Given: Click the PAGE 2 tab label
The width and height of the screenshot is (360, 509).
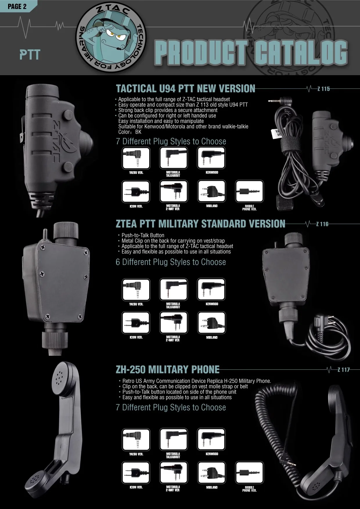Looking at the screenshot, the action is (17, 6).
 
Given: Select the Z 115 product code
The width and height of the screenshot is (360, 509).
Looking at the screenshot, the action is (323, 89).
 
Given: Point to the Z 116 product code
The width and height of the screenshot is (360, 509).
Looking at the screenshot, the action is (322, 224).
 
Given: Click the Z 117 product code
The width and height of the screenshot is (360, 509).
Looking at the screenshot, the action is (343, 370).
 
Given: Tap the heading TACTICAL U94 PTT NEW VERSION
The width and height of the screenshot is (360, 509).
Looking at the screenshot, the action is (186, 89).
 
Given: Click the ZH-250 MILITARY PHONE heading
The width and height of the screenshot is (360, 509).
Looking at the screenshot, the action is (168, 369).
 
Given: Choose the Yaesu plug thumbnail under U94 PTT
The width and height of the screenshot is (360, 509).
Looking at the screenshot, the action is (136, 158).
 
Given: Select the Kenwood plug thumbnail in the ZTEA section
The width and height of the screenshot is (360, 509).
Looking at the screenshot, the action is (211, 290).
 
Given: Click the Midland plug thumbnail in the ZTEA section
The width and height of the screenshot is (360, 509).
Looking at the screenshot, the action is (211, 323).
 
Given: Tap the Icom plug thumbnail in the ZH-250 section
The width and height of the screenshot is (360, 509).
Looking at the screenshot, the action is (136, 473).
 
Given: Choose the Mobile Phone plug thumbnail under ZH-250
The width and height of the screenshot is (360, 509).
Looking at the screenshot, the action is (249, 473).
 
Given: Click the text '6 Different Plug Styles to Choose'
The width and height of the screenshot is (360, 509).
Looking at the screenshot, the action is (171, 262).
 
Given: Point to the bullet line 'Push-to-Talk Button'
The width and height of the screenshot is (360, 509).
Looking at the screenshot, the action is (143, 235).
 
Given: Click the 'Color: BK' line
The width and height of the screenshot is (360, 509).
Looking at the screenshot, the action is (130, 132).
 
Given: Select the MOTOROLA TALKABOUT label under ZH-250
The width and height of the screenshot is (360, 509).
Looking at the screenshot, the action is (173, 455).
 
